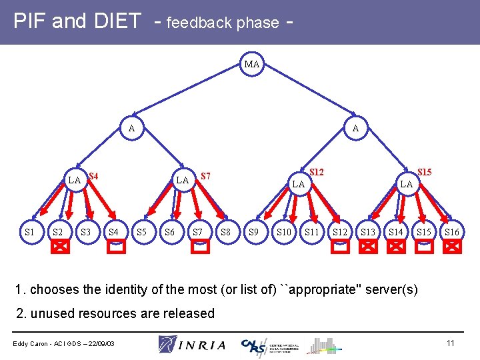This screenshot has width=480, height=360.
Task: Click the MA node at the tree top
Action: pos(252,65)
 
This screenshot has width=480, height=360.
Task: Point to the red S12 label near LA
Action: pos(317,172)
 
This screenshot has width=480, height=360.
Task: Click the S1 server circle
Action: pos(29,232)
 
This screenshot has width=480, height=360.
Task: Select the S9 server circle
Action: pos(253,232)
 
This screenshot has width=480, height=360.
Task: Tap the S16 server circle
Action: pos(452,232)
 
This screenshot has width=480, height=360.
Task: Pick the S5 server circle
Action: pos(141,232)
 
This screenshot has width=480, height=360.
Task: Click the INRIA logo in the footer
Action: pos(192,344)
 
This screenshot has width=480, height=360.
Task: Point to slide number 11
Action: pos(450,343)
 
